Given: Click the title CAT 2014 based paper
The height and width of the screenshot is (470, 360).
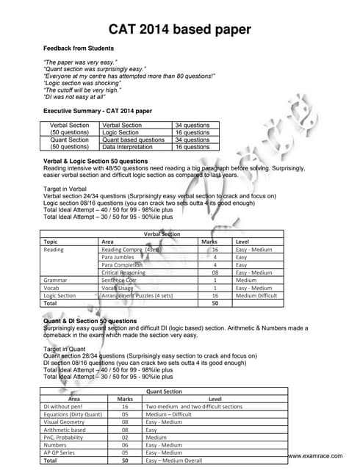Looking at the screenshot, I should click(179, 29).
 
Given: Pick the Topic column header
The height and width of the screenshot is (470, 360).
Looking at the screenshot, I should click(51, 241).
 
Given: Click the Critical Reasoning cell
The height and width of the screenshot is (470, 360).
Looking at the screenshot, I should click(125, 272).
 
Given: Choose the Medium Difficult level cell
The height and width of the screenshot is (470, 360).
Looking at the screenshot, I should click(256, 295).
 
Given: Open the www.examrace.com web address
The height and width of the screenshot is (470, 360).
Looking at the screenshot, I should click(315, 456).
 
